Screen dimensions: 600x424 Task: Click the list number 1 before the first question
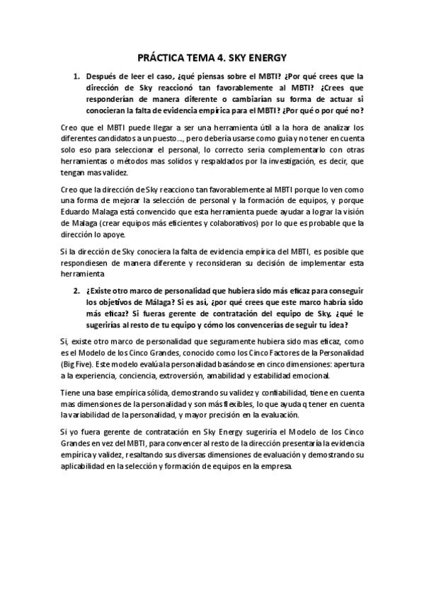(x=76, y=75)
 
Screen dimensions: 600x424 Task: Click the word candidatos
(x=127, y=137)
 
